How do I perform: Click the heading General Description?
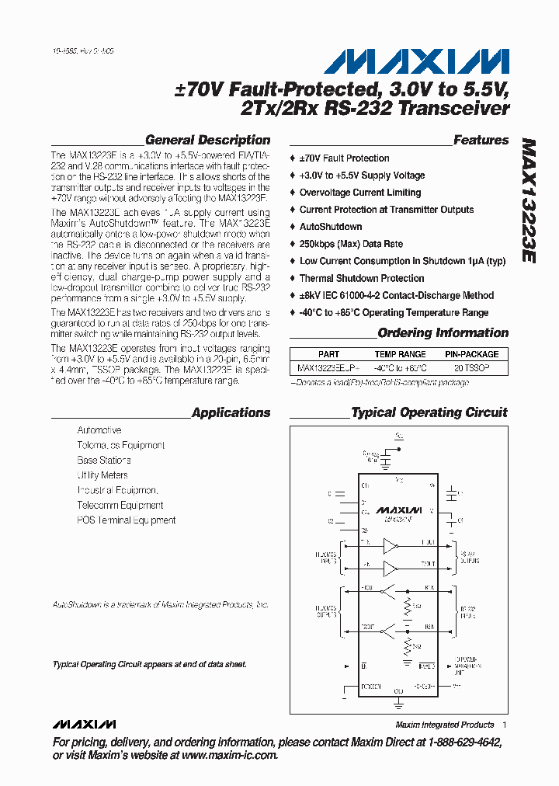click(207, 141)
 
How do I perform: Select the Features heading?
click(481, 141)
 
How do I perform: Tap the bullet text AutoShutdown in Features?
click(331, 227)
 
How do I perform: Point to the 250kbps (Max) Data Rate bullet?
click(351, 244)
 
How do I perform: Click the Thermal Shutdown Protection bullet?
click(362, 278)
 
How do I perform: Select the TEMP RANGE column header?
click(401, 354)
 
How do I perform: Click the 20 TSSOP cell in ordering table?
click(471, 367)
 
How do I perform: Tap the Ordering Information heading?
click(443, 333)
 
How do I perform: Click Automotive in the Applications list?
click(99, 430)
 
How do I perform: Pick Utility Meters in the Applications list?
click(102, 475)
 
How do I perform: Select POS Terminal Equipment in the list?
click(127, 520)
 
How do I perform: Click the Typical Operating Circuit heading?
click(429, 413)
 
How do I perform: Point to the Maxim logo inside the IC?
click(398, 510)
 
